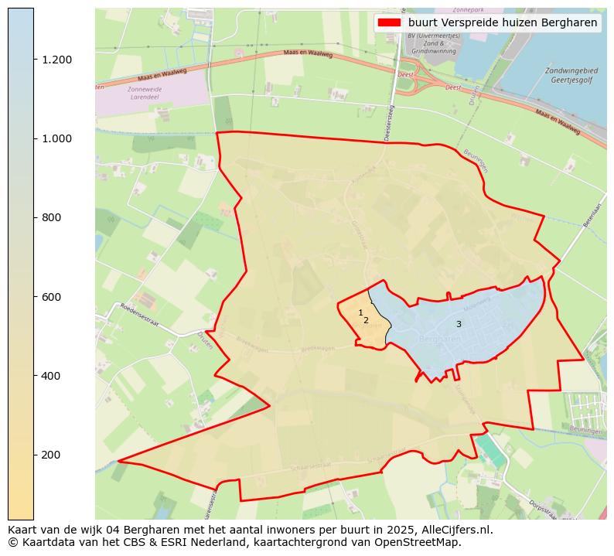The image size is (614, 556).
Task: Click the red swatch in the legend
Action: point(389,22)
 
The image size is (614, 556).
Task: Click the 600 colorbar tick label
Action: point(51,297)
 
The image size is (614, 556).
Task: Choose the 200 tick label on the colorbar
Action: point(51,455)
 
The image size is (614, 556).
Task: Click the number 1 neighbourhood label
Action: point(360,312)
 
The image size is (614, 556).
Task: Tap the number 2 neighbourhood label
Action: point(366,320)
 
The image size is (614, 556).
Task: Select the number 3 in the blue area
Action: point(459,324)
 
